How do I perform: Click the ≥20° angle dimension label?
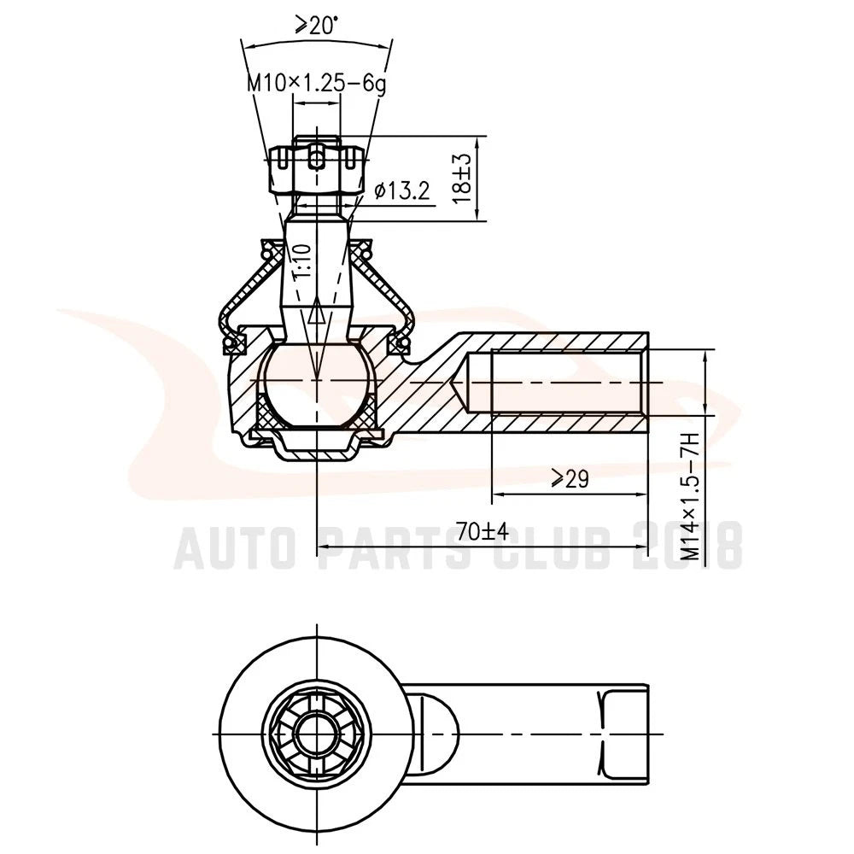pyautogui.click(x=317, y=26)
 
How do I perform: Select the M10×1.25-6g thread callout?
pyautogui.click(x=317, y=84)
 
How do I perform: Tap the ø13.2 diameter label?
pyautogui.click(x=402, y=190)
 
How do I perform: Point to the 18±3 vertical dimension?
pyautogui.click(x=462, y=178)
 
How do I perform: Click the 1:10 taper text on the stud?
pyautogui.click(x=302, y=262)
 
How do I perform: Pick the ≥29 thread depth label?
pyautogui.click(x=570, y=479)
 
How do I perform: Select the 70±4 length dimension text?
pyautogui.click(x=483, y=531)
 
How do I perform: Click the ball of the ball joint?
pyautogui.click(x=317, y=384)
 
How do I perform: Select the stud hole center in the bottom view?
pyautogui.click(x=317, y=734)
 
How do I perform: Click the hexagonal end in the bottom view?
pyautogui.click(x=623, y=734)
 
